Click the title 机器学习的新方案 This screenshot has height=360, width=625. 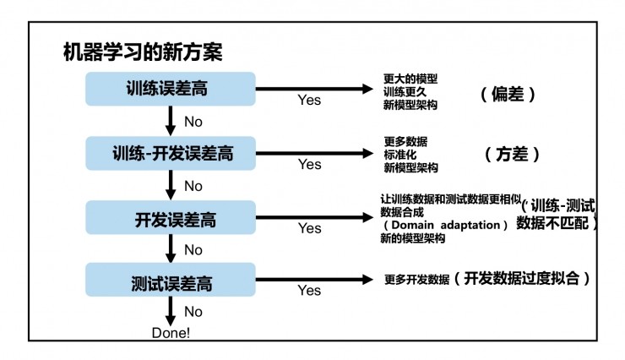tap(143, 53)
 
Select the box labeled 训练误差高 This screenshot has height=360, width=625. tap(170, 89)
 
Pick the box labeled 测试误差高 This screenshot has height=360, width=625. tap(170, 281)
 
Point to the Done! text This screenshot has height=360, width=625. tap(171, 332)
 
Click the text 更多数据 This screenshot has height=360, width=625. tap(405, 141)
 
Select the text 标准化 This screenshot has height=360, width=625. tap(399, 155)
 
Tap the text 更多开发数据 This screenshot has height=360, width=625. tap(416, 280)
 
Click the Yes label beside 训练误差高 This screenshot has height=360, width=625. tap(309, 100)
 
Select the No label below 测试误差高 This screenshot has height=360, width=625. tap(193, 312)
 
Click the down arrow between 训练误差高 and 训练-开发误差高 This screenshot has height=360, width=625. tap(171, 122)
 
